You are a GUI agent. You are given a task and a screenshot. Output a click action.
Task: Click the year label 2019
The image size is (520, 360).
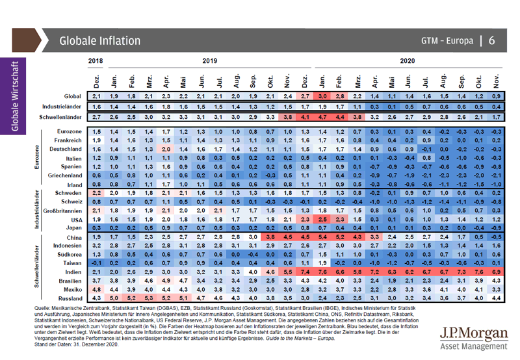pyautogui.click(x=209, y=60)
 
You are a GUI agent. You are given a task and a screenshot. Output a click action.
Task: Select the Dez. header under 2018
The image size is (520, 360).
pyautogui.click(x=96, y=79)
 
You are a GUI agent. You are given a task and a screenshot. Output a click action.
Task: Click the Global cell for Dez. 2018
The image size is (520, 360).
pyautogui.click(x=96, y=96)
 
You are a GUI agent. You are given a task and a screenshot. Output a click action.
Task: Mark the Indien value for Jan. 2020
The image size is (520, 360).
pyautogui.click(x=323, y=272)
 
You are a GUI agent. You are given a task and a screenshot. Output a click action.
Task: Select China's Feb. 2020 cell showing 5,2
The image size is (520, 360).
pyautogui.click(x=339, y=238)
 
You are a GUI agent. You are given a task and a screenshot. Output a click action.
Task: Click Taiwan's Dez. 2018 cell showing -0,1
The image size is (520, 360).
pyautogui.click(x=96, y=263)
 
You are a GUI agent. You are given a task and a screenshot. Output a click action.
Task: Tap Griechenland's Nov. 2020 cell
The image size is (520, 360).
pyautogui.click(x=497, y=175)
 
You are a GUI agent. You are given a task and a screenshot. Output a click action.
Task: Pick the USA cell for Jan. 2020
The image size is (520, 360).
pyautogui.click(x=323, y=220)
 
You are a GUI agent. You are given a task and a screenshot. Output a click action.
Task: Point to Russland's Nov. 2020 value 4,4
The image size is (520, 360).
pyautogui.click(x=497, y=298)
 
